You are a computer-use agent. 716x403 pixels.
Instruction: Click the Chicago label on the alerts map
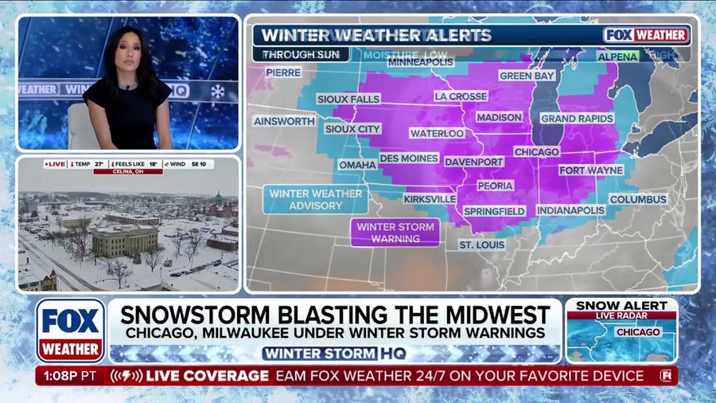pos(536,151)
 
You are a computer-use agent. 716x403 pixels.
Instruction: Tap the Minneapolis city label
pos(421,62)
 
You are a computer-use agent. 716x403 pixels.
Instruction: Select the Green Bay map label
pos(526,76)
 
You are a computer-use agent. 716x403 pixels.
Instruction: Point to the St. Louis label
pos(481,245)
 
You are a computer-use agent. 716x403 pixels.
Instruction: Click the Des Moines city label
pos(408,158)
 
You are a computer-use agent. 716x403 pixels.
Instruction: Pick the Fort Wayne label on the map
pos(590,170)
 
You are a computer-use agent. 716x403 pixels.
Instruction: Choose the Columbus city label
pos(638,199)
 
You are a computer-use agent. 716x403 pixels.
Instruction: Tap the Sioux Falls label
pos(349,100)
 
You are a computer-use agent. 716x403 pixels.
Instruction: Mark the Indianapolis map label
pos(570,210)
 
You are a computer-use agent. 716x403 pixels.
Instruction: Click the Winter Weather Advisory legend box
pos(316,199)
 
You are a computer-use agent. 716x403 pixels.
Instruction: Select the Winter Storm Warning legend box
pos(395,233)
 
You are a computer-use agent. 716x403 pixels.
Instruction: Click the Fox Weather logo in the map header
pos(646,35)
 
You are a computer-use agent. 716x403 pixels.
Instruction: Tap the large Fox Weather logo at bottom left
pos(70,331)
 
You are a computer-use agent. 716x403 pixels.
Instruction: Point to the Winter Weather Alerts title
pos(376,36)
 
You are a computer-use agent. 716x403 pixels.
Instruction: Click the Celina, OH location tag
pos(127,171)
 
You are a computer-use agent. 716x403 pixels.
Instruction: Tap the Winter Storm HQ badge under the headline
pos(334,353)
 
